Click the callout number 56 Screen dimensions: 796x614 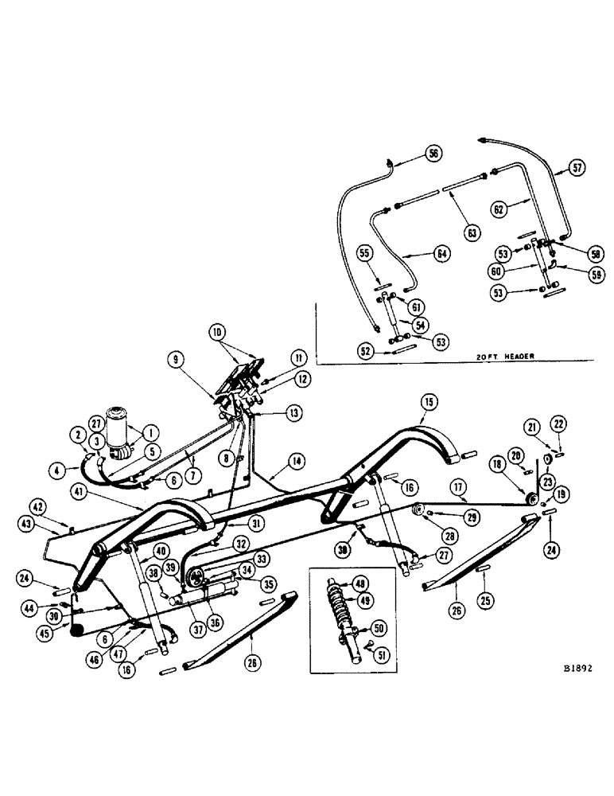433,153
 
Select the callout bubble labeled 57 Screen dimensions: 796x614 577,168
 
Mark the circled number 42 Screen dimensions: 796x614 39,505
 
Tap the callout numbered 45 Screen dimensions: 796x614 41,634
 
